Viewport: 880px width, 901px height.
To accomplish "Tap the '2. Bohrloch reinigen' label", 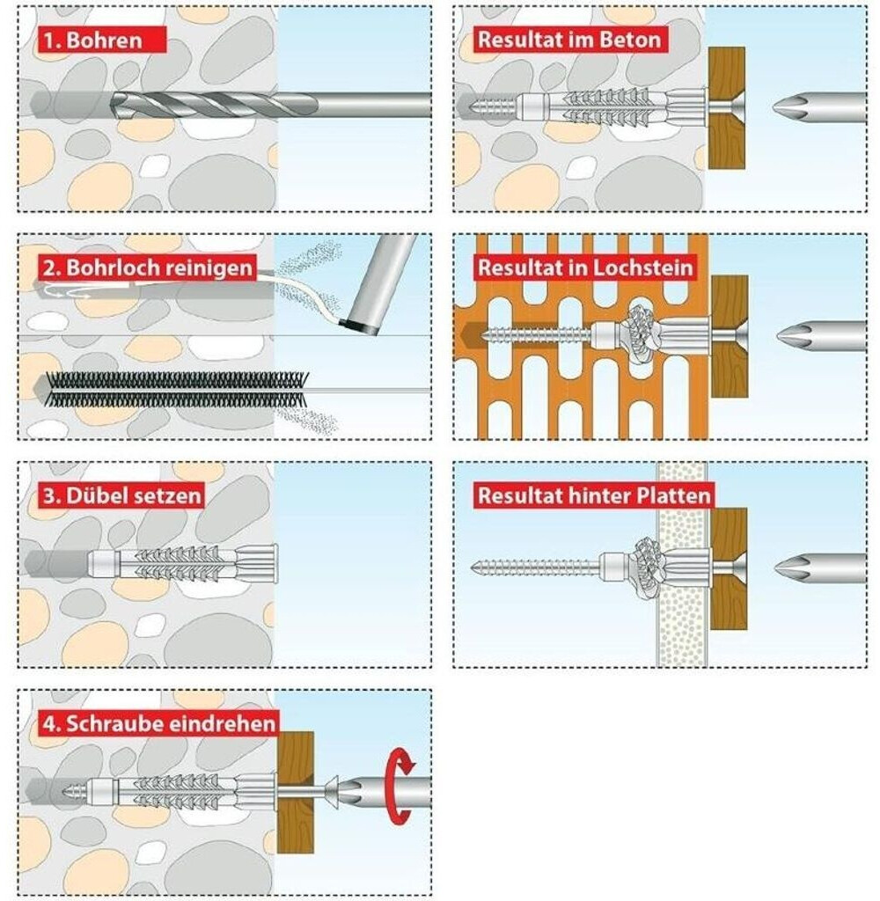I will point(145,267).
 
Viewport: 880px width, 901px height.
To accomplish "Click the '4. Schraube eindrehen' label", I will point(158,723).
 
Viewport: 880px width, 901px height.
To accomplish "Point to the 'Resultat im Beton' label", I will point(568,39).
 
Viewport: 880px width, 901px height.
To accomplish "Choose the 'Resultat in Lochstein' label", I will point(584,267).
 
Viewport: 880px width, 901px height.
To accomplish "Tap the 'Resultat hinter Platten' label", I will point(593,495).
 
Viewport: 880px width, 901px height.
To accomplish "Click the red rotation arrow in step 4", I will point(402,785).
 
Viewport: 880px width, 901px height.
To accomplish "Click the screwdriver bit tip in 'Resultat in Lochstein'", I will point(793,336).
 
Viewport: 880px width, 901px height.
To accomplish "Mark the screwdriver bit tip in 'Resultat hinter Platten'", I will point(793,564).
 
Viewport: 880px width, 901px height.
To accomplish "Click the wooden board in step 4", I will point(296,792).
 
